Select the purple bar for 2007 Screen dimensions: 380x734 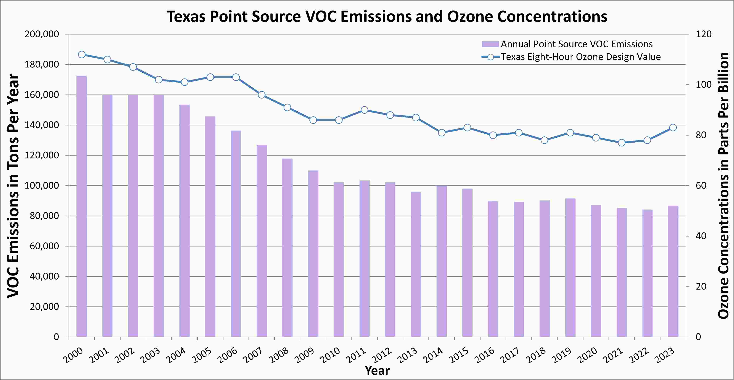pyautogui.click(x=262, y=241)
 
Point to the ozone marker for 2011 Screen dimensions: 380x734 pyautogui.click(x=364, y=110)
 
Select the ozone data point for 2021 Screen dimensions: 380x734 pyautogui.click(x=622, y=143)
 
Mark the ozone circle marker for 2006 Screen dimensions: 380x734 pyautogui.click(x=236, y=77)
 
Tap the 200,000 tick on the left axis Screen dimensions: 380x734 pyautogui.click(x=42, y=34)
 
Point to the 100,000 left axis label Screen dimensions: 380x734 pyautogui.click(x=42, y=185)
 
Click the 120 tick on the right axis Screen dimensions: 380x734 pyautogui.click(x=704, y=34)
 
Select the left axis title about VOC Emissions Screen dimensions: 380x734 pyautogui.click(x=13, y=185)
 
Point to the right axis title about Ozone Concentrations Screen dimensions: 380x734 pyautogui.click(x=723, y=185)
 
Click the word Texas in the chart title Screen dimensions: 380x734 pyautogui.click(x=186, y=16)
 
